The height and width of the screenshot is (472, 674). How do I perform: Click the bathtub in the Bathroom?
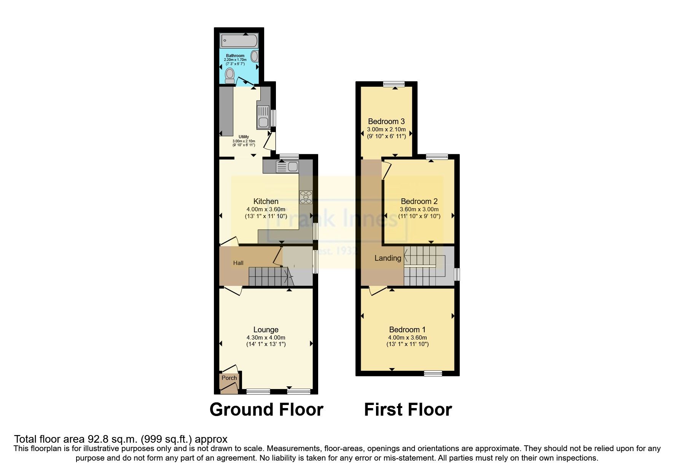click(239, 40)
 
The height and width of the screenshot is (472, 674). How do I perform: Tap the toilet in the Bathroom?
click(229, 76)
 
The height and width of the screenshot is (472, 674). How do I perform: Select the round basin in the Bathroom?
click(255, 56)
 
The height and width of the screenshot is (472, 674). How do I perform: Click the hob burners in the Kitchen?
click(306, 197)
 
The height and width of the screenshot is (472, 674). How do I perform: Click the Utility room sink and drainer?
click(263, 116)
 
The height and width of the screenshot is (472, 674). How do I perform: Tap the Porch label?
click(229, 378)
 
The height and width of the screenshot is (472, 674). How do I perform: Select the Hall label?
click(238, 263)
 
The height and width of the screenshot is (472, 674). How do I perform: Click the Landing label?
click(388, 258)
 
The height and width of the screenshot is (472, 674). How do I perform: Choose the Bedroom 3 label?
click(386, 121)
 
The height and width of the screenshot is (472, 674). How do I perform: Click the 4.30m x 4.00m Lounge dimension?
click(266, 338)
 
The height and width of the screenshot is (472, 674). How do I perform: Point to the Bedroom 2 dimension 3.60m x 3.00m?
click(419, 209)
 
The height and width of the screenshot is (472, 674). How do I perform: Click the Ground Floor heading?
click(266, 410)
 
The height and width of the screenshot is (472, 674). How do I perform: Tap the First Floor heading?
click(408, 410)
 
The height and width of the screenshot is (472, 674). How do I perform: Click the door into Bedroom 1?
click(378, 291)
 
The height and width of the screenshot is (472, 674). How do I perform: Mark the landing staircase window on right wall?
click(457, 274)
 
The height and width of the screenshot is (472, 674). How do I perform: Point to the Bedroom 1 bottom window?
click(433, 373)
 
